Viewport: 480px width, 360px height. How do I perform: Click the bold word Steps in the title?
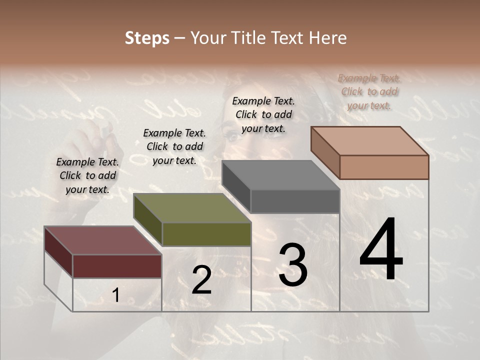147,38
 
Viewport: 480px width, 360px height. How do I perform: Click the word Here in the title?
328,38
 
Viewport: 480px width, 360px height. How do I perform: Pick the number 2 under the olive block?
201,280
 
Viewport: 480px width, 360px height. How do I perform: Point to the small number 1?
115,295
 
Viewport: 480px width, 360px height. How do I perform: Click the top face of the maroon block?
102,240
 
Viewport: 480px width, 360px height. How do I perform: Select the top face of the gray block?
280,175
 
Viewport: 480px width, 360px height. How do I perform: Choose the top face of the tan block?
369,141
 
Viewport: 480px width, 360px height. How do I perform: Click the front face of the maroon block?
117,266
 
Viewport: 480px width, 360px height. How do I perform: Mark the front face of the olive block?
206,234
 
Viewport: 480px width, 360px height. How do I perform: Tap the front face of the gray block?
295,201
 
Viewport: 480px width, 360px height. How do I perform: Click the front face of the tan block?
384,167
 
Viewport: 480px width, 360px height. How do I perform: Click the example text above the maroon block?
87,175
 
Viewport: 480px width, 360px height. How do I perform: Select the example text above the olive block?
174,146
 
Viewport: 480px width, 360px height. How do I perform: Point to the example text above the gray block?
263,114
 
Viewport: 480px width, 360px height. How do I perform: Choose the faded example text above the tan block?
369,91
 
